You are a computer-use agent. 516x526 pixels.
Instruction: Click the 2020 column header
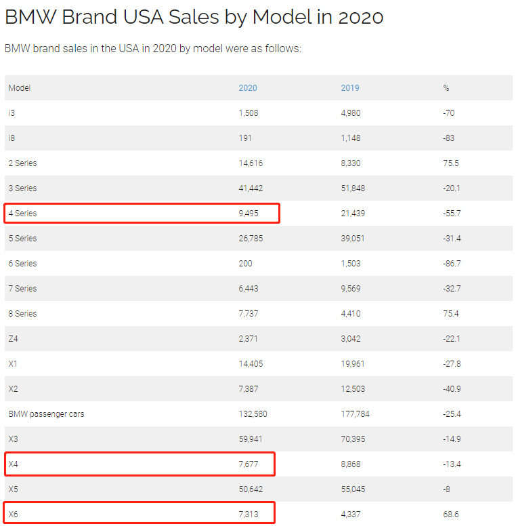248,88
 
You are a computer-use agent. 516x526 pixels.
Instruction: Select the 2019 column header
350,88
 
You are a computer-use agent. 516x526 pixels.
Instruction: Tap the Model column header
20,88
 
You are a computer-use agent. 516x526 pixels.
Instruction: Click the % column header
446,88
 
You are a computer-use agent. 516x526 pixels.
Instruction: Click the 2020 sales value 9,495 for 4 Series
249,214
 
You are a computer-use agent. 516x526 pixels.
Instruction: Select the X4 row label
14,464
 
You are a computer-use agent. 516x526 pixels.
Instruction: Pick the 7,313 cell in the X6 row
249,514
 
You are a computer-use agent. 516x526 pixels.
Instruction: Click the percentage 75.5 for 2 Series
450,163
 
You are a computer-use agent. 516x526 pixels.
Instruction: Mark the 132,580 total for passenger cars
253,414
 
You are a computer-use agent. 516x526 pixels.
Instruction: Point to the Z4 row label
14,339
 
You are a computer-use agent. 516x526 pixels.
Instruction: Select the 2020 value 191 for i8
245,138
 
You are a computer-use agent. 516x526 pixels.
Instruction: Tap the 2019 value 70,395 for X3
353,439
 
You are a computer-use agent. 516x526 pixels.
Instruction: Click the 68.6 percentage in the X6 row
450,514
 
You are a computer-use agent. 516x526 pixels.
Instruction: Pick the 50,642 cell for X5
251,489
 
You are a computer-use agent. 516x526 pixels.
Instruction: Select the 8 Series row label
22,314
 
